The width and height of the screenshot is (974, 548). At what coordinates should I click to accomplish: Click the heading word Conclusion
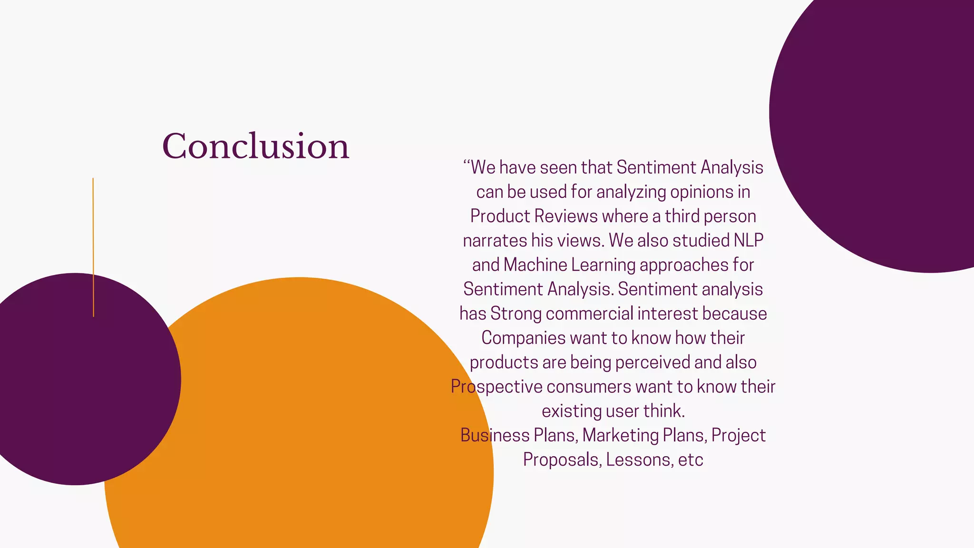[x=256, y=146]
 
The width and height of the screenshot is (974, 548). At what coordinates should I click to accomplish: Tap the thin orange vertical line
[x=93, y=247]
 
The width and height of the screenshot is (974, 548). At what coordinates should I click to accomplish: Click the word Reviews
[x=565, y=216]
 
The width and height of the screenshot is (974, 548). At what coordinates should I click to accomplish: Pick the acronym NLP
[x=748, y=241]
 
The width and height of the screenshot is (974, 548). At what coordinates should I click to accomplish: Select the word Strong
[x=516, y=314]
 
